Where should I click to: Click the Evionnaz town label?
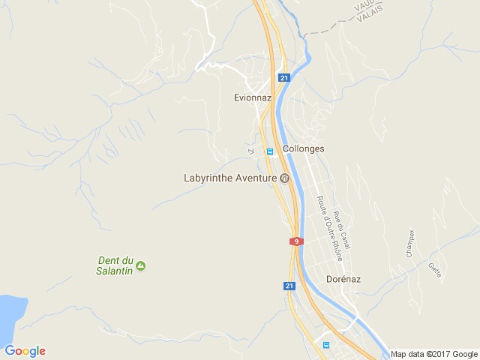point(252,97)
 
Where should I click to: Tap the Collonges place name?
point(304,148)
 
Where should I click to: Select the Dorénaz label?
point(344,278)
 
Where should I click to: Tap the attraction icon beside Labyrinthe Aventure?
point(284,178)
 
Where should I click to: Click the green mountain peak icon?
point(141,265)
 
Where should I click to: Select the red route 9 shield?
point(297,241)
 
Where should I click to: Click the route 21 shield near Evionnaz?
point(283,77)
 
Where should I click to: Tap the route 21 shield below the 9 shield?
point(289,286)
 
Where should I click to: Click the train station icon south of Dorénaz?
point(326,345)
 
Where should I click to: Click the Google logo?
point(25,351)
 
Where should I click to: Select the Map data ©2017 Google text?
point(433,354)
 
